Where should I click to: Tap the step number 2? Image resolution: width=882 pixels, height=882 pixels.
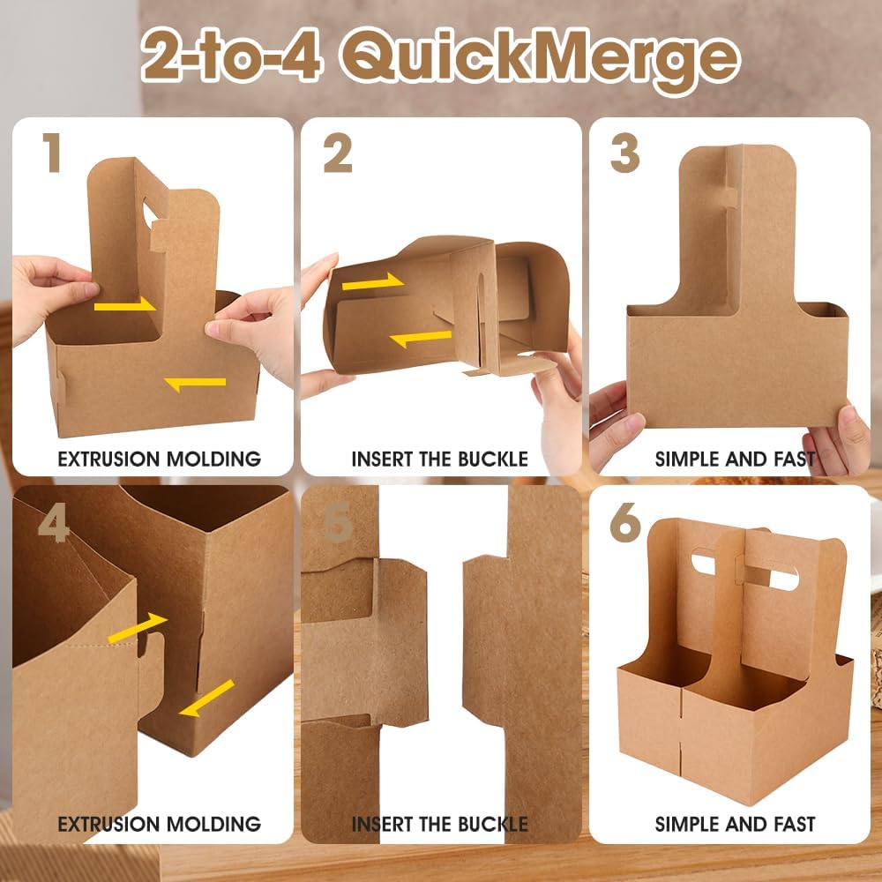pyautogui.click(x=338, y=154)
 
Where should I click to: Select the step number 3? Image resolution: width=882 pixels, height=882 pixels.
pyautogui.click(x=624, y=154)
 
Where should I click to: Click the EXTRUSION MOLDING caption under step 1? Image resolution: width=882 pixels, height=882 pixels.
pyautogui.click(x=159, y=459)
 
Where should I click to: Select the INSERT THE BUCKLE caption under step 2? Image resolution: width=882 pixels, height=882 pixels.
pyautogui.click(x=439, y=459)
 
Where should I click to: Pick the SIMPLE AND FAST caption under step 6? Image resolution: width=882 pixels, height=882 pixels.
pyautogui.click(x=735, y=825)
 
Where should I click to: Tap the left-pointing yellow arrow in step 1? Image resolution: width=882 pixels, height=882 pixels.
pyautogui.click(x=195, y=383)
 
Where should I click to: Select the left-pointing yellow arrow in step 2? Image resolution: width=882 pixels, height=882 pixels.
pyautogui.click(x=421, y=337)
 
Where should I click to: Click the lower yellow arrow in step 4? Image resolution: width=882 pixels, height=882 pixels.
pyautogui.click(x=207, y=697)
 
